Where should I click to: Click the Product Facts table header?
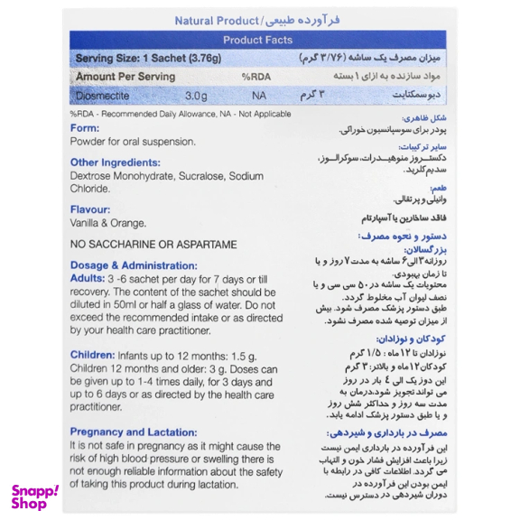point(260,40)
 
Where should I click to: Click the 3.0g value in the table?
point(196,94)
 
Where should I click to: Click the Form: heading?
point(85,128)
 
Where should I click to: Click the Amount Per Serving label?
point(125,77)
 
